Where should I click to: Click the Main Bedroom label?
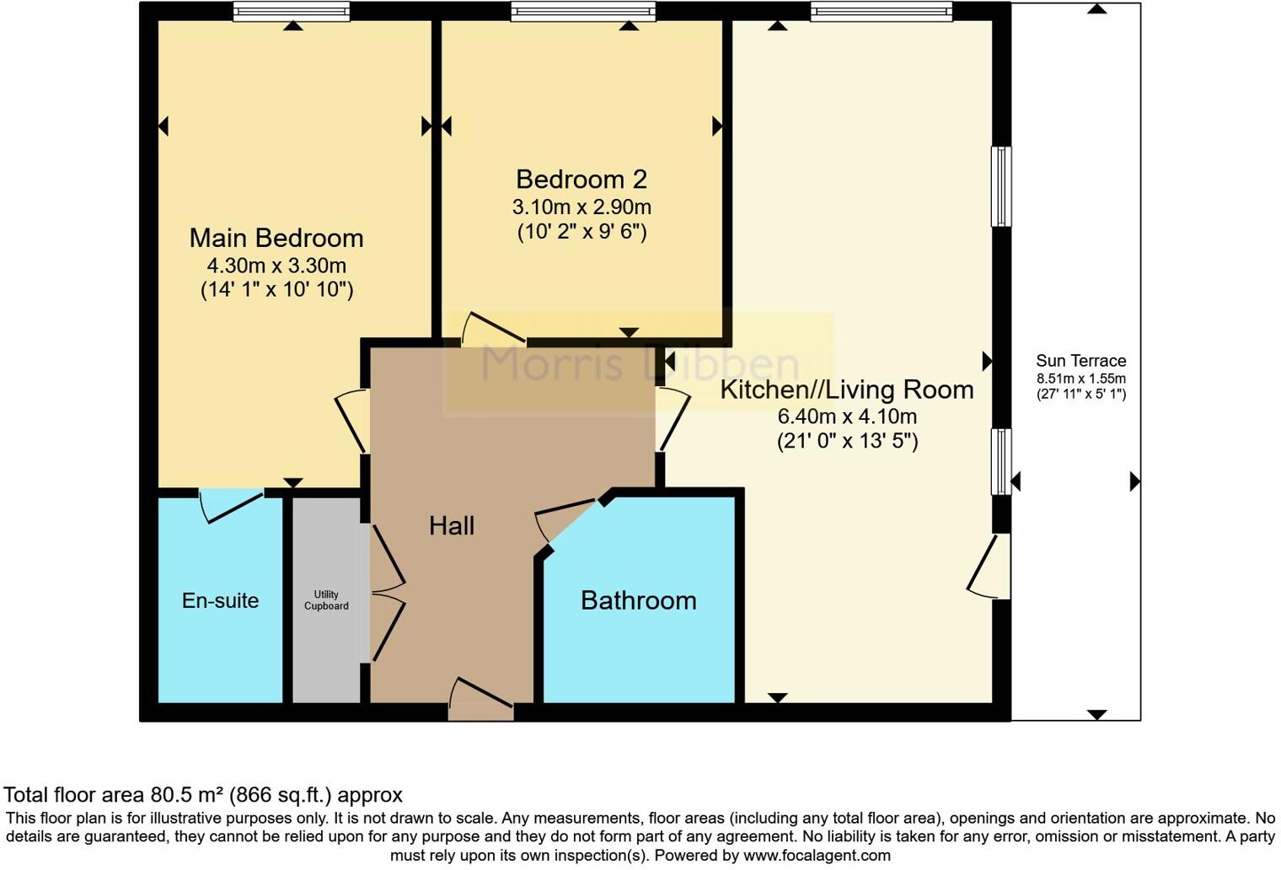point(276,239)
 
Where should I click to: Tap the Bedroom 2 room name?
point(582,180)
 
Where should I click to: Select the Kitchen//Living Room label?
point(847,389)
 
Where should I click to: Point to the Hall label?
point(452,526)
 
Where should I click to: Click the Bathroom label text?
point(639,600)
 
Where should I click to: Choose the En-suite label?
point(220,600)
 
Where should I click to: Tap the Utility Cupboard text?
point(326,600)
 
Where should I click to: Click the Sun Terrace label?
point(1080,361)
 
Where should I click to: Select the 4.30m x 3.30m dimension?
point(276,266)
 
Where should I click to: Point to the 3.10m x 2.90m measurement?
point(582,207)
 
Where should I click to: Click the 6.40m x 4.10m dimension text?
point(847,416)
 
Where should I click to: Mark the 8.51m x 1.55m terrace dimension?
point(1080,379)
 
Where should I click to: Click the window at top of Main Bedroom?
point(292,12)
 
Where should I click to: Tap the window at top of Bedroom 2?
point(582,12)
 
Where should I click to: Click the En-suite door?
point(231,505)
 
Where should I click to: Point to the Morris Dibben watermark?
point(639,364)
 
